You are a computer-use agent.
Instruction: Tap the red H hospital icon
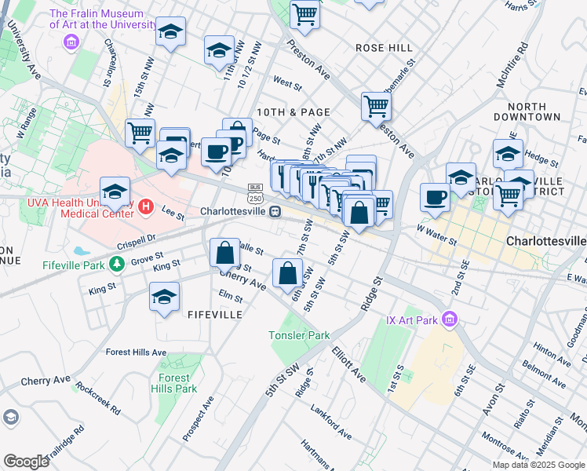[x=144, y=207]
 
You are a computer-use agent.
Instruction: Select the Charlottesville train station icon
[x=275, y=211]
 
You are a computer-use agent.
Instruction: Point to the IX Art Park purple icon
[x=449, y=319]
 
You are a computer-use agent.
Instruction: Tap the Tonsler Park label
[x=299, y=335]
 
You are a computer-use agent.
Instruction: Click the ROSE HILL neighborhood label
[x=384, y=48]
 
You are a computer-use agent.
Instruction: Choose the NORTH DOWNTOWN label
[x=527, y=111]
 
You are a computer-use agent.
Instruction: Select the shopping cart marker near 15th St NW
[x=140, y=133]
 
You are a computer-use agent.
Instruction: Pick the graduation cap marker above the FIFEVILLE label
[x=164, y=296]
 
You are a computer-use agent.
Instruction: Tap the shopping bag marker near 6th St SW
[x=288, y=272]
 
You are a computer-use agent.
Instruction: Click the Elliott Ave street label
[x=348, y=366]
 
